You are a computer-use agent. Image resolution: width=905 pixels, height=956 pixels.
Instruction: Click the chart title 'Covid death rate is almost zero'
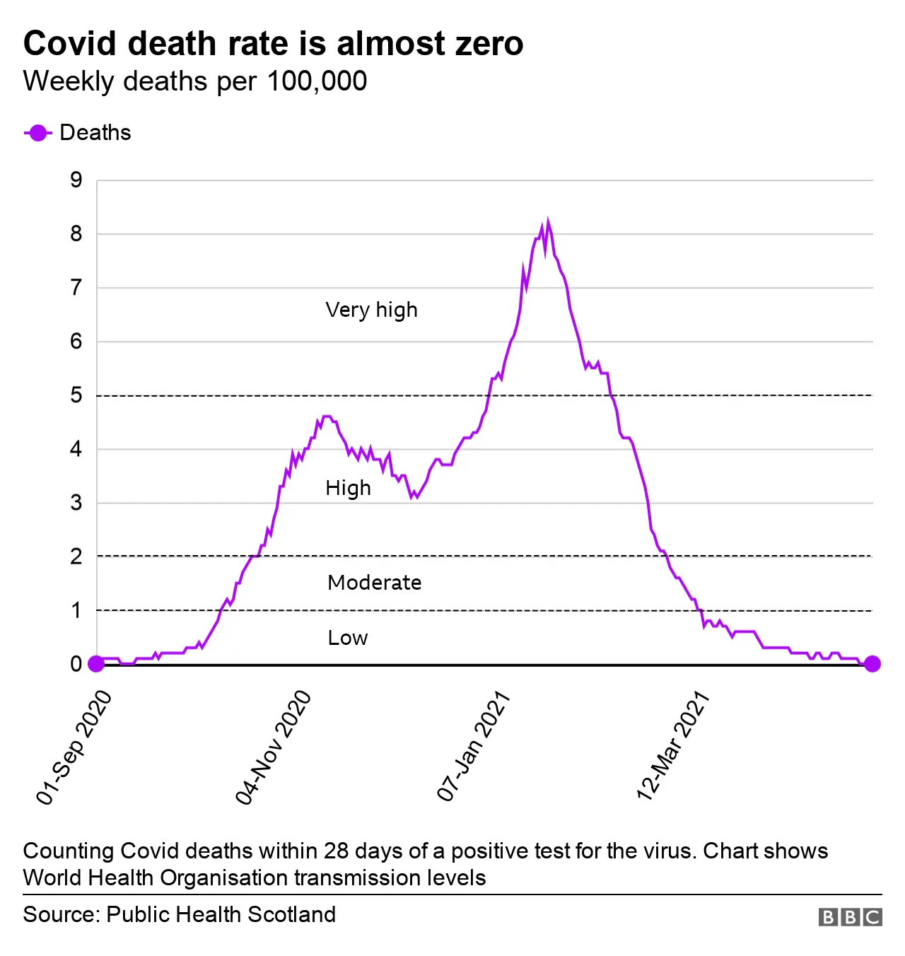point(273,44)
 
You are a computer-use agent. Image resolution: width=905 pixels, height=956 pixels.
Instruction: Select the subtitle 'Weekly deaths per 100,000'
point(195,81)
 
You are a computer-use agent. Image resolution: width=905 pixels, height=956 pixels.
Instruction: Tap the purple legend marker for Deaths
point(37,133)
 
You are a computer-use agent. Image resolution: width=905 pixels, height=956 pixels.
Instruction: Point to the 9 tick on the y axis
point(76,180)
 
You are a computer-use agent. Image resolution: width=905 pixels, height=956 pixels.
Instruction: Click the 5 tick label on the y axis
point(76,395)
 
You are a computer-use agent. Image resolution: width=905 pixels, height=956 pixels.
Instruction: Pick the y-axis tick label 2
point(76,556)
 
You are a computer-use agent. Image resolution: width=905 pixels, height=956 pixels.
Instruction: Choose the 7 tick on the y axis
point(76,288)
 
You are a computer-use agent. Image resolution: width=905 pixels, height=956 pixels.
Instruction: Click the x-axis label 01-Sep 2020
point(74,747)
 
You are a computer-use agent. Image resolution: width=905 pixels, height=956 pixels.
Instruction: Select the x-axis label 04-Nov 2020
point(274,747)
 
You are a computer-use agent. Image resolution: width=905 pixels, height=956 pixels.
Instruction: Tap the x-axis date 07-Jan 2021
point(474,747)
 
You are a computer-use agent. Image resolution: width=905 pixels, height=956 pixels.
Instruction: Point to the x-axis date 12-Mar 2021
point(673,746)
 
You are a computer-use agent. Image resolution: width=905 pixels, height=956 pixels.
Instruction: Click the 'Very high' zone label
point(371,310)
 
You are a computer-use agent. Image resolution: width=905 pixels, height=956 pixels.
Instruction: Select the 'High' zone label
point(348,488)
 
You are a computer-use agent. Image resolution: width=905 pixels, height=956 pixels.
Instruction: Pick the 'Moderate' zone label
point(374,583)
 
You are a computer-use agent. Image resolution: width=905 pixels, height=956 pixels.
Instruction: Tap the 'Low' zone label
point(347,638)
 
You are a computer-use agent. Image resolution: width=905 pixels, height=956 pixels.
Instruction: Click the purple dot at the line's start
point(96,664)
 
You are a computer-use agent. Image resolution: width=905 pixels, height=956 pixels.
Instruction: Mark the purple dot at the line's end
point(872,664)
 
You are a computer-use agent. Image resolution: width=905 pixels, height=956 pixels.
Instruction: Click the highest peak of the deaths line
point(548,221)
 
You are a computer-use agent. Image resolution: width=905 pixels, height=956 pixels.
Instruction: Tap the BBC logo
point(850,917)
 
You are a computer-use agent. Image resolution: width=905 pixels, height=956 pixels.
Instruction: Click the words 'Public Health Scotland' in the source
point(221,914)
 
